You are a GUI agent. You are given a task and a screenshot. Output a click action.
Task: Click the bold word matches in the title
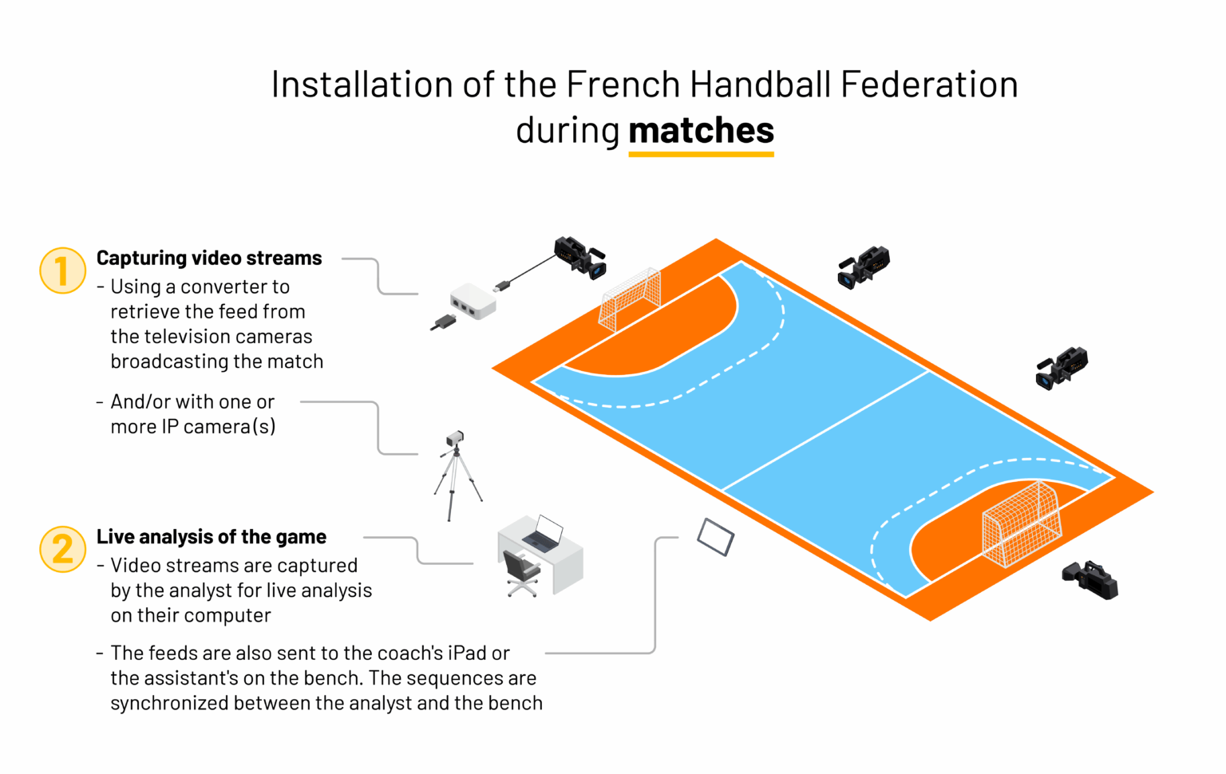tap(701, 130)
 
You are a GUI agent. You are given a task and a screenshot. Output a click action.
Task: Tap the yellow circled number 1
tap(63, 271)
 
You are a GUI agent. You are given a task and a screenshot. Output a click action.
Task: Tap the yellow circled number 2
tap(63, 549)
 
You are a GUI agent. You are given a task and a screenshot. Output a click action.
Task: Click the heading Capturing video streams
tap(209, 259)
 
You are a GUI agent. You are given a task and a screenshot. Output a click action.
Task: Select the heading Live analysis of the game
tap(212, 536)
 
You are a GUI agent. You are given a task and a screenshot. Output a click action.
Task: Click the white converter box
tap(473, 301)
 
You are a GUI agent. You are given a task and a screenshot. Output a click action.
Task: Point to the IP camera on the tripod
tap(456, 475)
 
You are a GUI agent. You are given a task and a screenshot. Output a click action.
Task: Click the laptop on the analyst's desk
tap(544, 533)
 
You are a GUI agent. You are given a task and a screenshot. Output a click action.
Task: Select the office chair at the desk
tap(521, 573)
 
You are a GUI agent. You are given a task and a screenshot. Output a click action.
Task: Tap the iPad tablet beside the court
tap(715, 537)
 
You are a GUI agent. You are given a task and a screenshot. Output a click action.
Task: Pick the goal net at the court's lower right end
tap(1022, 524)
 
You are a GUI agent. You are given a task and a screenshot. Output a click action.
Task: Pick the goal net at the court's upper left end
tap(630, 299)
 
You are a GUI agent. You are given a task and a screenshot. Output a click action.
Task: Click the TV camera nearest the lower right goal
tap(1090, 580)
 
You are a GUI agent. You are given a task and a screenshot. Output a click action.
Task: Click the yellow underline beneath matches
tap(701, 154)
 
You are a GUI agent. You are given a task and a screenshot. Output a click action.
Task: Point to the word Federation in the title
tap(929, 85)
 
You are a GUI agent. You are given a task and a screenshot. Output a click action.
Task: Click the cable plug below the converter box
tap(443, 322)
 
